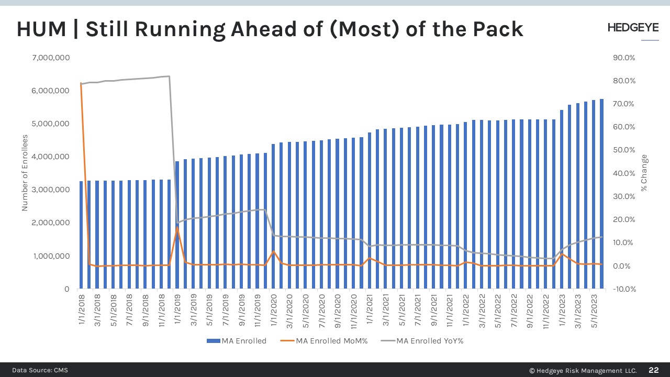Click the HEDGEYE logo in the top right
click(633, 28)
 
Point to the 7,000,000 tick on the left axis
click(51, 58)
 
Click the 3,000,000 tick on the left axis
click(51, 190)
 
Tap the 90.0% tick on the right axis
click(623, 58)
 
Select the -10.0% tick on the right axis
click(622, 289)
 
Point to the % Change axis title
click(644, 173)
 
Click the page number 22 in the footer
click(653, 370)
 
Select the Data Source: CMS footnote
click(40, 370)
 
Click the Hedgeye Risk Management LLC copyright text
click(583, 370)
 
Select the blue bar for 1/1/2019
click(177, 225)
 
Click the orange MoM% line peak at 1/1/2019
click(177, 227)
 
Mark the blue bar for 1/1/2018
click(81, 236)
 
